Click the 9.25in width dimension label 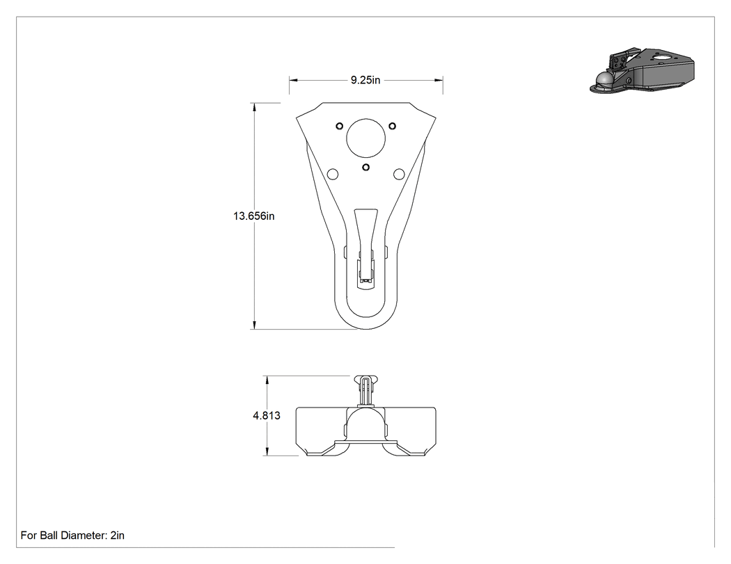tap(365, 80)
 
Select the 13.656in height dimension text tap(253, 216)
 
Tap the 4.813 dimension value tap(267, 415)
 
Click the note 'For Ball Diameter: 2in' tap(72, 535)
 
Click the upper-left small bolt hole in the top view tap(340, 126)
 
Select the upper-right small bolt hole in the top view tap(393, 126)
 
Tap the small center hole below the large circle tap(366, 167)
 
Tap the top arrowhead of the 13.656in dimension tap(255, 107)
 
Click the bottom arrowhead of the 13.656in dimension tap(255, 325)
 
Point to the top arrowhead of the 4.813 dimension tap(267, 380)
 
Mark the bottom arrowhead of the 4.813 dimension tap(267, 451)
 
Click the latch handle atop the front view tap(366, 390)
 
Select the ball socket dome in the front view tap(366, 411)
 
